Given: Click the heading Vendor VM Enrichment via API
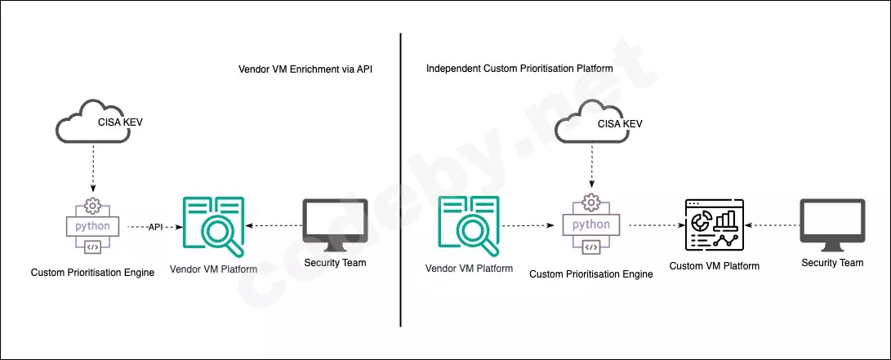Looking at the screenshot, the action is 305,69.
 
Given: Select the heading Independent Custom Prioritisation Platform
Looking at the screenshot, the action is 519,69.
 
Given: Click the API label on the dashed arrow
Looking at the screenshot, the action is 156,227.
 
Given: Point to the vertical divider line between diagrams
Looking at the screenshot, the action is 401,180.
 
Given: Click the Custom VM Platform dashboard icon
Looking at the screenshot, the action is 715,225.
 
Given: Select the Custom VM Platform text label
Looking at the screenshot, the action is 715,266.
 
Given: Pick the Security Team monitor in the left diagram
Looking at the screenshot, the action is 335,224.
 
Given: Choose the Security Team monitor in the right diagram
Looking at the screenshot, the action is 832,224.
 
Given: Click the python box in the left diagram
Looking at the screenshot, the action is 92,226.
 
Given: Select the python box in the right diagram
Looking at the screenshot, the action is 591,224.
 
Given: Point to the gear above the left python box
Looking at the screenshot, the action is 92,205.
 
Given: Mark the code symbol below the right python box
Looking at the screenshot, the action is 591,247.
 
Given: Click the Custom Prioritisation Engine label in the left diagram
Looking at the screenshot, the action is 92,273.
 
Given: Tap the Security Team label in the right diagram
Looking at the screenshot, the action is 832,263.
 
